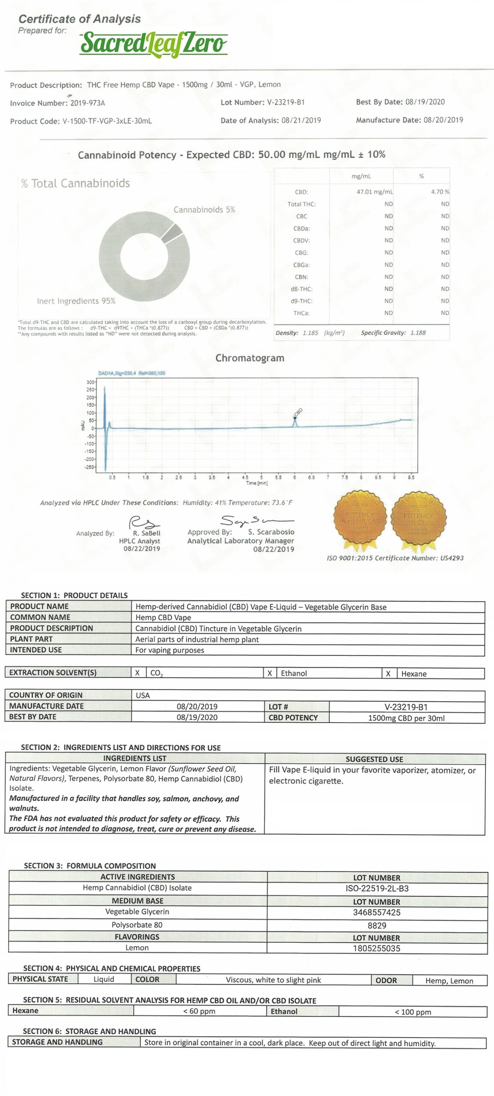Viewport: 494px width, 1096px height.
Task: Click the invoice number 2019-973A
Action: click(87, 103)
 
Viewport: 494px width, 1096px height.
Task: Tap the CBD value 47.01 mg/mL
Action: click(374, 192)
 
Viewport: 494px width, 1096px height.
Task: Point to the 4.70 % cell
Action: click(440, 192)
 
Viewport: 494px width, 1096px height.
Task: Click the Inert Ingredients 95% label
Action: click(76, 301)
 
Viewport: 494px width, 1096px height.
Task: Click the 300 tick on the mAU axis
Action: click(90, 382)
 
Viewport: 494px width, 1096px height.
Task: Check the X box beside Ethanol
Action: click(269, 673)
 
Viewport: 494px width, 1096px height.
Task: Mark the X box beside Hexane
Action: click(388, 673)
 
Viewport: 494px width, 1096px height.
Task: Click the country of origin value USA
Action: click(143, 695)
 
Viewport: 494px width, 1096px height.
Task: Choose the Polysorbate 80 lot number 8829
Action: click(377, 925)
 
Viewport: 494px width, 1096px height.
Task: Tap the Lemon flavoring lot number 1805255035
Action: click(377, 948)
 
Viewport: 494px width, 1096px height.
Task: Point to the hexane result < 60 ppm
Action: click(199, 1011)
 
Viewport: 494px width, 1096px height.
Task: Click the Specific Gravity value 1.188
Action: click(418, 333)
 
